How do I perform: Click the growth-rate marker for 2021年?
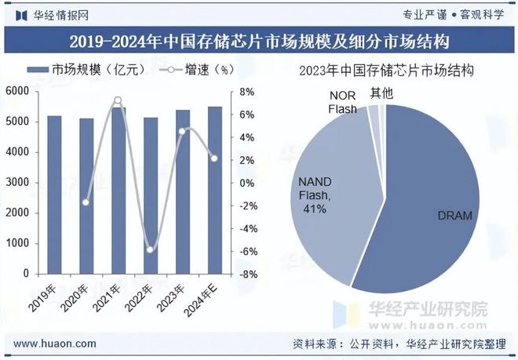[x=118, y=100]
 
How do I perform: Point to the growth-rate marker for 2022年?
[x=150, y=249]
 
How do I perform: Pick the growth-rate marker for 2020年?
[x=86, y=202]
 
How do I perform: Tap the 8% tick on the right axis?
[x=246, y=92]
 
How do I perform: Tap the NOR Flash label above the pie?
[x=341, y=103]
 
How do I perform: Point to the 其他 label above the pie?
[x=382, y=93]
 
